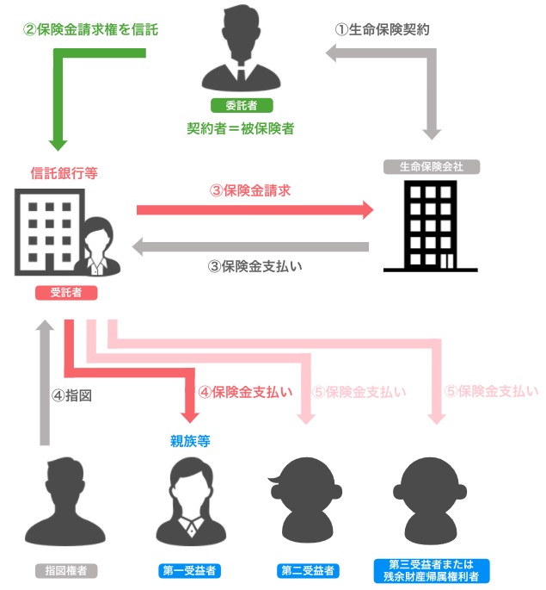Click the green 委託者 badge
coord(236,106)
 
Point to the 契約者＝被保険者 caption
coord(241,128)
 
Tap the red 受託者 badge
coord(66,292)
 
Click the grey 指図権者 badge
coord(66,570)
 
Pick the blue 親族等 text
coord(190,441)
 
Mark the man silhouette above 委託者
coord(237,52)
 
